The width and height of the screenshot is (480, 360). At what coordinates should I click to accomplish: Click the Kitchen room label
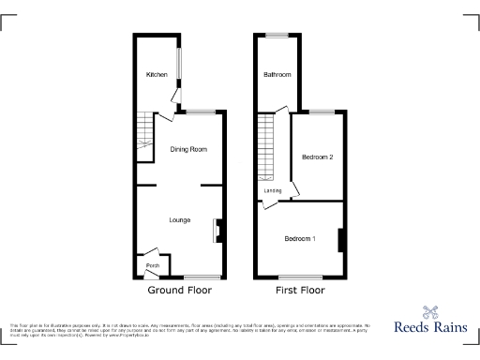[156, 74]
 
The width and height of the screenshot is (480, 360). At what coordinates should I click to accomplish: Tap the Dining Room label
[187, 149]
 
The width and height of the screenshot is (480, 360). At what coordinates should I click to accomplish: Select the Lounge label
[180, 220]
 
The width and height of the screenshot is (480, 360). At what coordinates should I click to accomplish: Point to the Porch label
[152, 265]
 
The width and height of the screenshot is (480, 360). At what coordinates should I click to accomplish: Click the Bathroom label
[277, 75]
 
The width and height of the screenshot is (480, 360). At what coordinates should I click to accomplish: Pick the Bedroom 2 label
[317, 157]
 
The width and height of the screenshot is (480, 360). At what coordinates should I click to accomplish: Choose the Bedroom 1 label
[300, 238]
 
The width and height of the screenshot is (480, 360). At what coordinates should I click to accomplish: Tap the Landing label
[273, 191]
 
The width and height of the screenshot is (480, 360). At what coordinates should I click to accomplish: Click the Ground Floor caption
[178, 292]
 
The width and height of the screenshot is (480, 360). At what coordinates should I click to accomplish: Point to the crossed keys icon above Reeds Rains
[430, 311]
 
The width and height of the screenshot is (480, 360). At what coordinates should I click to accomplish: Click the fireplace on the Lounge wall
[218, 230]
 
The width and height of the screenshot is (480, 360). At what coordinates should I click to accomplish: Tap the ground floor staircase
[144, 137]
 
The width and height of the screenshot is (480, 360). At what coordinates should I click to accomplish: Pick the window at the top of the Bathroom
[276, 36]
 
